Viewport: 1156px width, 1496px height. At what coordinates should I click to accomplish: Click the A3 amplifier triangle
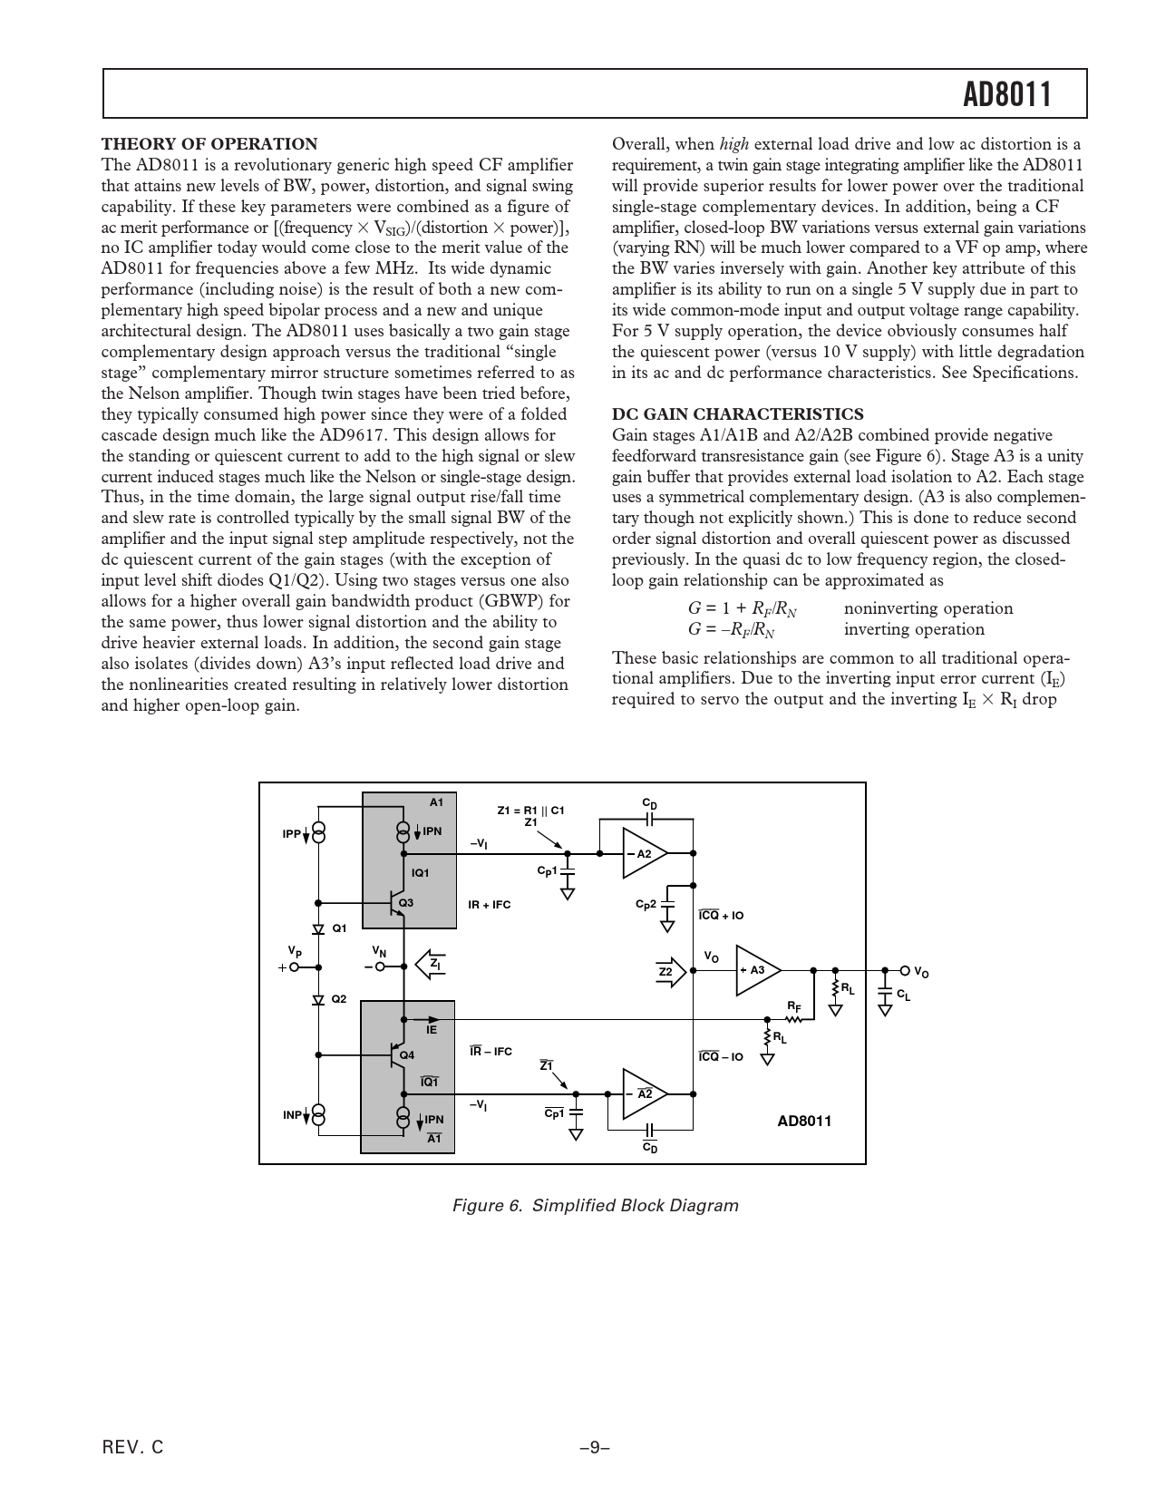pyautogui.click(x=756, y=970)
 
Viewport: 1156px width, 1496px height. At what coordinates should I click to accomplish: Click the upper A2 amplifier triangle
pyautogui.click(x=643, y=853)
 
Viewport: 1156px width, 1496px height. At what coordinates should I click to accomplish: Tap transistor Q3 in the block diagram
pyautogui.click(x=396, y=903)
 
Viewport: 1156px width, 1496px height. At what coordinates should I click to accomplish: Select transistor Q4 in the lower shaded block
pyautogui.click(x=396, y=1055)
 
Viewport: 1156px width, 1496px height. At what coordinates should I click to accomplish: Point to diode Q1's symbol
pyautogui.click(x=318, y=929)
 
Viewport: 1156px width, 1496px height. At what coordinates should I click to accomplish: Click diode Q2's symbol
pyautogui.click(x=318, y=999)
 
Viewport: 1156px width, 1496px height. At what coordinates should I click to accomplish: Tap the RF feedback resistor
pyautogui.click(x=793, y=1018)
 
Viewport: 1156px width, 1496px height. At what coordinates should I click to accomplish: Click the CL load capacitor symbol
pyautogui.click(x=885, y=995)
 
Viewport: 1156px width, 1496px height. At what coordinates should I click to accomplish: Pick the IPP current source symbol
pyautogui.click(x=318, y=832)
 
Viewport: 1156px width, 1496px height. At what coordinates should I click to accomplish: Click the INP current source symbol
pyautogui.click(x=318, y=1114)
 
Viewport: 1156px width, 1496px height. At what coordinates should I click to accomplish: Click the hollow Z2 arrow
pyautogui.click(x=669, y=971)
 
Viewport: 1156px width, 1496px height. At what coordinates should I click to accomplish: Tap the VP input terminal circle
pyautogui.click(x=294, y=967)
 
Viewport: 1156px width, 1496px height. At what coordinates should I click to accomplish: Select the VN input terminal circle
pyautogui.click(x=380, y=967)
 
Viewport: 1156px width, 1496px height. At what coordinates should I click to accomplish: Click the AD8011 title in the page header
pyautogui.click(x=1006, y=94)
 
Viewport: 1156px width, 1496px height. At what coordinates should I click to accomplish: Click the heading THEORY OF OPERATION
pyautogui.click(x=209, y=143)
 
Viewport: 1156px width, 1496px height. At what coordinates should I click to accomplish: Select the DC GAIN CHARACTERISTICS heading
pyautogui.click(x=738, y=414)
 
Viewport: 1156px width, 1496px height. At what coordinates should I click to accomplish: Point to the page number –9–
pyautogui.click(x=594, y=1448)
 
